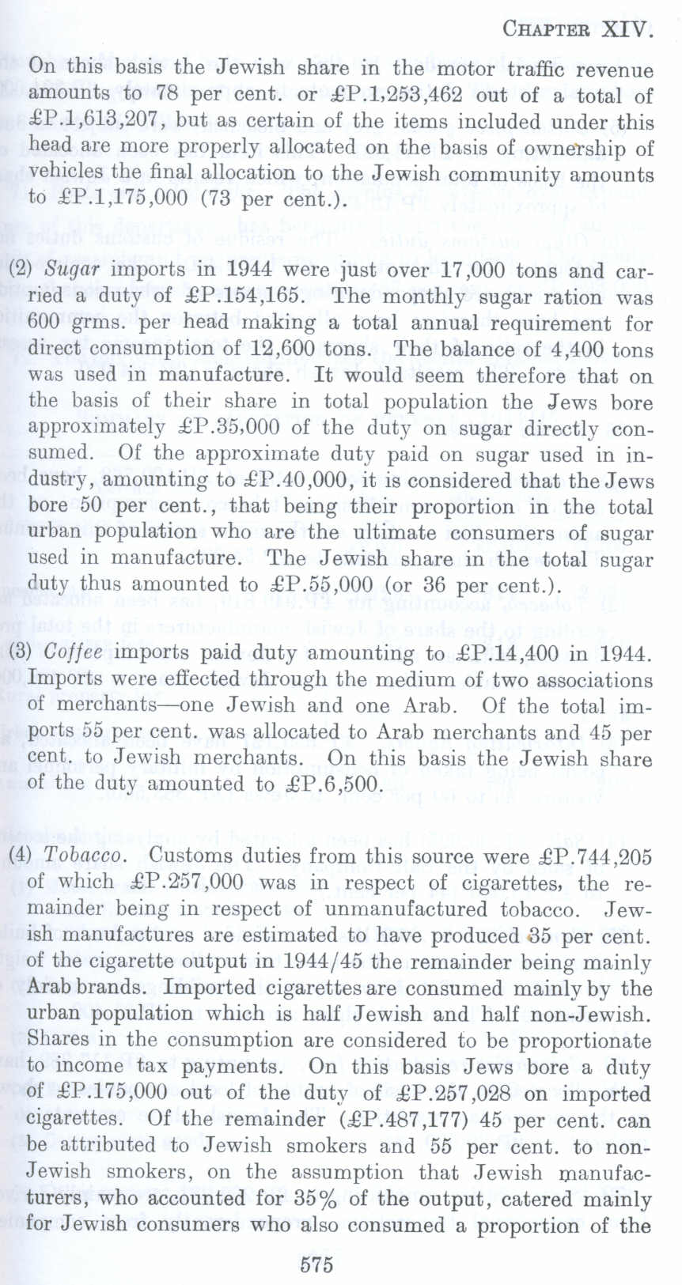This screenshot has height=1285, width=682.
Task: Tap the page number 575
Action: pos(316,1263)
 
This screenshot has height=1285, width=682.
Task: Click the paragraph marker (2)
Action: pos(20,270)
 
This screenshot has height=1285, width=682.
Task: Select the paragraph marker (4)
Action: pos(20,856)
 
